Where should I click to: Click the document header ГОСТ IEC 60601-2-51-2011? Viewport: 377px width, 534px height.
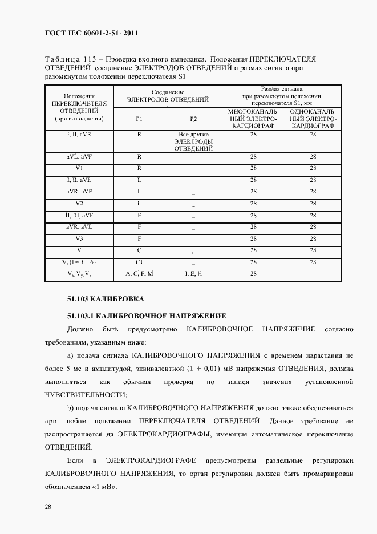91,33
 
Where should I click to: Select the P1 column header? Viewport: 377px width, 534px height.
139,119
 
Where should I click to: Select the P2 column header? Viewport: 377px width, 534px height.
193,119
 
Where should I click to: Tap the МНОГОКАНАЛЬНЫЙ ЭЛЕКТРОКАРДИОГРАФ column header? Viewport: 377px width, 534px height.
253,118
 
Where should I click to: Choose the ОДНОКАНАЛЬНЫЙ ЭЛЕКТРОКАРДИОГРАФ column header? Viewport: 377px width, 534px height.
313,118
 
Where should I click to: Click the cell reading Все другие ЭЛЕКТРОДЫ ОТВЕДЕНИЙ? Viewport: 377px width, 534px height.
193,141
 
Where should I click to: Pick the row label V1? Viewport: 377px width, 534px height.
79,168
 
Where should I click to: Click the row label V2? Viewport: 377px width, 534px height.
79,203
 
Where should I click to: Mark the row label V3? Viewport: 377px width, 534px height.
79,238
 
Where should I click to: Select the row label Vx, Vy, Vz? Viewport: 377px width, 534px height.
79,274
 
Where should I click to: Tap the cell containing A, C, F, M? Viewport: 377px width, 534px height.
139,274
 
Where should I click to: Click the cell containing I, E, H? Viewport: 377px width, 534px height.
193,274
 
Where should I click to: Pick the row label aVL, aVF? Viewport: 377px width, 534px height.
79,156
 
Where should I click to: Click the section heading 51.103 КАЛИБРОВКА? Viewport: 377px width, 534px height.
106,299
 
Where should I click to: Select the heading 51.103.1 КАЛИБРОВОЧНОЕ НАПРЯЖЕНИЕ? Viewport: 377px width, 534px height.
147,315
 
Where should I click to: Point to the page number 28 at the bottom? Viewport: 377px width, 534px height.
48,506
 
